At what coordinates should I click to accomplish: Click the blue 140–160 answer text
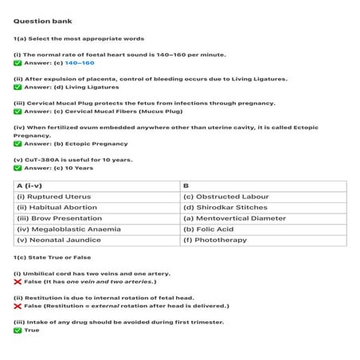coord(80,63)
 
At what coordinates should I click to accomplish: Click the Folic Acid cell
coord(205,229)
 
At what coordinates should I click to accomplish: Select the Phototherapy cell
coord(209,240)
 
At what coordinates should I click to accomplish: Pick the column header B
coord(186,186)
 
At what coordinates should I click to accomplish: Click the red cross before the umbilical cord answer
coord(18,282)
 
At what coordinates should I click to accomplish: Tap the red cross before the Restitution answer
coord(18,306)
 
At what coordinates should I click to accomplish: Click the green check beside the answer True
coord(18,330)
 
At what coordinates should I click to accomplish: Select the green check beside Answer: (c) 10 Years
coord(18,168)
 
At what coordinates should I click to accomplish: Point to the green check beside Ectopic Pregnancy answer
coord(18,144)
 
